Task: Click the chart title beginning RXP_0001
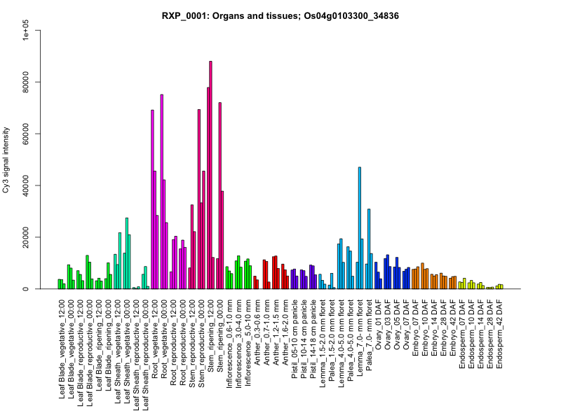[x=280, y=15]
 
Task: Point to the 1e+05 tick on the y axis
[x=26, y=30]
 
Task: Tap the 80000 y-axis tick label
[x=26, y=82]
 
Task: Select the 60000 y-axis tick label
[x=26, y=134]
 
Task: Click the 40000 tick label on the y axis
[x=26, y=185]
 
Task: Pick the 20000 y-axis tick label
[x=26, y=237]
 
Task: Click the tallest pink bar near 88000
[x=210, y=175]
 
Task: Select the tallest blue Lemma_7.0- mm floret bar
[x=360, y=227]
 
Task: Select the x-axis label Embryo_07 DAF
[x=416, y=333]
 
